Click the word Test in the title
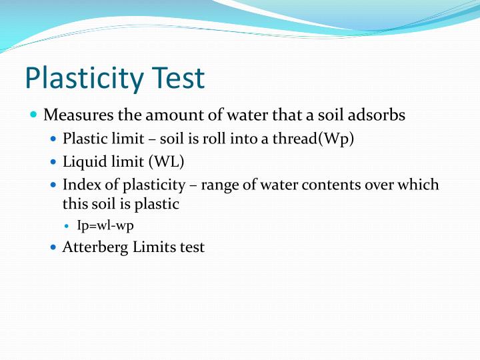click(x=178, y=78)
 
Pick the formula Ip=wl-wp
click(x=105, y=225)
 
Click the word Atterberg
click(x=93, y=247)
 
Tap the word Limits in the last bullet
click(x=152, y=247)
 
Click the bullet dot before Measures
click(x=34, y=115)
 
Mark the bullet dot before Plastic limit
click(x=54, y=140)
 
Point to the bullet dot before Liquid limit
click(x=54, y=162)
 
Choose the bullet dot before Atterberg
click(x=54, y=247)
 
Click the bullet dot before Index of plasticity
click(x=54, y=185)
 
